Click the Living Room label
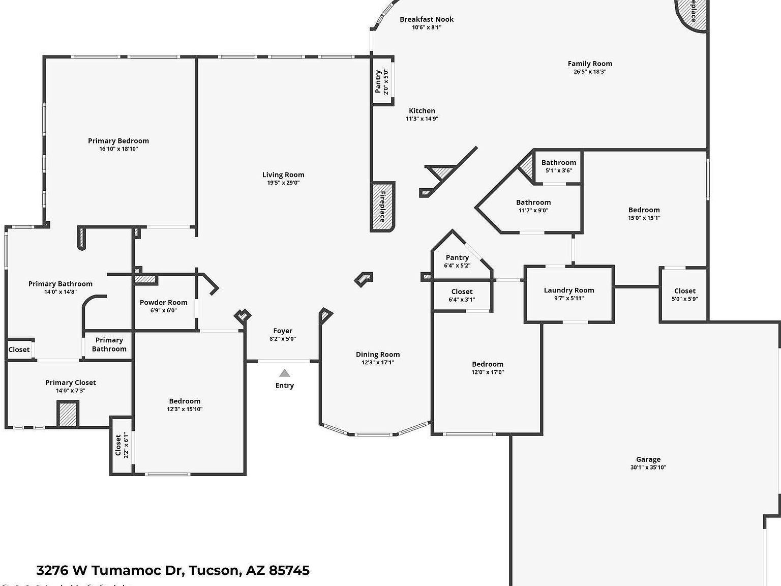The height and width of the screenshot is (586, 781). click(283, 174)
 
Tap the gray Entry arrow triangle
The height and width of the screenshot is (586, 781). click(284, 373)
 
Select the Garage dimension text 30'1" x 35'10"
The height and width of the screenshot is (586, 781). click(648, 467)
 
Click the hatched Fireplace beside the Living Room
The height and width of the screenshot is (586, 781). click(382, 207)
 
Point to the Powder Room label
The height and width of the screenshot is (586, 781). click(163, 302)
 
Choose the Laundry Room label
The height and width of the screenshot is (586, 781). click(568, 290)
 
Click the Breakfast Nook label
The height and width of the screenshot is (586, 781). click(426, 19)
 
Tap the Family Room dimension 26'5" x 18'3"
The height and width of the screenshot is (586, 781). click(590, 72)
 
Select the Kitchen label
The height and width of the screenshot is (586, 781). click(422, 110)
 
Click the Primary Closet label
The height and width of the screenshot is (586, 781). click(70, 383)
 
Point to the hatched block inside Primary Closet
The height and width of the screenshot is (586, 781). click(68, 414)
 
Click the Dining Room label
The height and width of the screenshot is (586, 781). click(377, 355)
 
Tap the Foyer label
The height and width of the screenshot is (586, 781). click(283, 331)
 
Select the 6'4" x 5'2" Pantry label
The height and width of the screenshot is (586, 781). click(457, 257)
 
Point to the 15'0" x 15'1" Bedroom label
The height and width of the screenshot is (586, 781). click(644, 210)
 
